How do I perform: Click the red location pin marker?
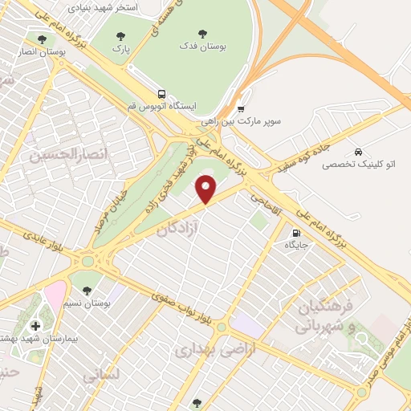click(207, 189)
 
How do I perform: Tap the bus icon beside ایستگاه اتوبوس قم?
click(162, 93)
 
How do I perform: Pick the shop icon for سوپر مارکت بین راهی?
click(242, 108)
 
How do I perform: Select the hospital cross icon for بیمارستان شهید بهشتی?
click(34, 326)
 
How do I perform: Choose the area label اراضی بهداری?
click(205, 351)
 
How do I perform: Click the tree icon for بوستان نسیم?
click(87, 291)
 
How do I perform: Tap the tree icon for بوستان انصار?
click(40, 38)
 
